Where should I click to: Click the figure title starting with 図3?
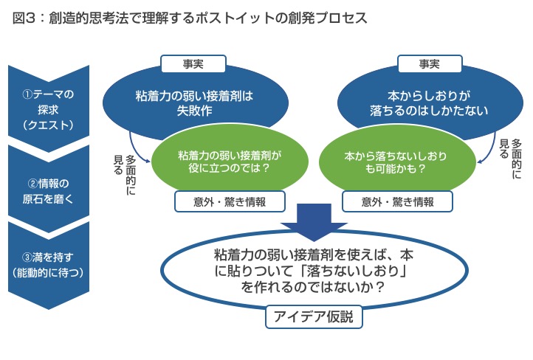pyautogui.click(x=190, y=18)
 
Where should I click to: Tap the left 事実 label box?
pyautogui.click(x=193, y=64)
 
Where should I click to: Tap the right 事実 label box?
pyautogui.click(x=430, y=64)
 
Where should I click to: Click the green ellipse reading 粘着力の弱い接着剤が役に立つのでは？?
pyautogui.click(x=230, y=162)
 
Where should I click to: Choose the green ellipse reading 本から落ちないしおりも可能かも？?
pyautogui.click(x=397, y=162)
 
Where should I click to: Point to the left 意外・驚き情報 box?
pyautogui.click(x=230, y=201)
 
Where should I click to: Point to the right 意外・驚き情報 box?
pyautogui.click(x=397, y=201)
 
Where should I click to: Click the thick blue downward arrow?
pyautogui.click(x=314, y=222)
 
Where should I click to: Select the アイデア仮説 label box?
pyautogui.click(x=314, y=317)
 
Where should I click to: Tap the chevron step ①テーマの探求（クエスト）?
pyautogui.click(x=49, y=108)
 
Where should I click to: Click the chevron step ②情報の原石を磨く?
pyautogui.click(x=49, y=190)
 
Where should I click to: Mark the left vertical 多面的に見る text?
pyautogui.click(x=125, y=175)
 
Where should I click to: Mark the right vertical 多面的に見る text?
pyautogui.click(x=511, y=159)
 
